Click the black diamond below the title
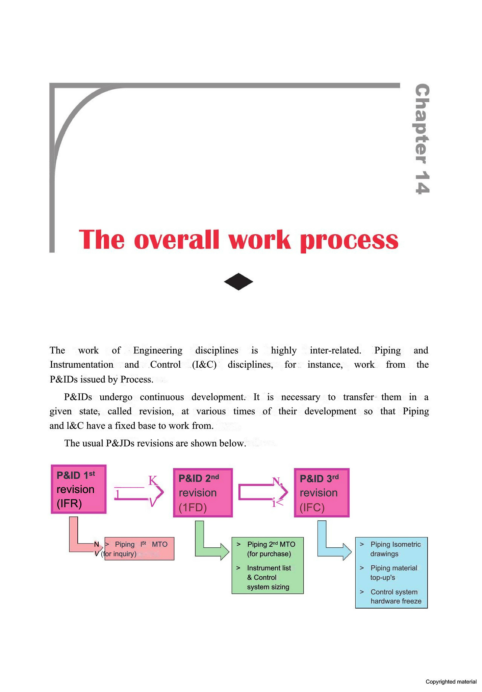[238, 281]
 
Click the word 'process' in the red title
[349, 241]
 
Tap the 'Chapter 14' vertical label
[422, 139]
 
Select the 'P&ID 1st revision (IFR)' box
[79, 489]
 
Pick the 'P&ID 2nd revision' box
[203, 493]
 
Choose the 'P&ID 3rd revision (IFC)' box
[322, 493]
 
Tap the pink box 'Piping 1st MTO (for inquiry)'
[139, 549]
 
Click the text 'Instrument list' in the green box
[269, 568]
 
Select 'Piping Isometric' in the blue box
[396, 544]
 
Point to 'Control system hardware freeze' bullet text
[396, 596]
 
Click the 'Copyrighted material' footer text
[451, 682]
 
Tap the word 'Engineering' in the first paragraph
[158, 350]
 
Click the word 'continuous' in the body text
[162, 397]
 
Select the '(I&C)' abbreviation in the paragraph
[204, 365]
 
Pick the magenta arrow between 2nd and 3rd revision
[263, 492]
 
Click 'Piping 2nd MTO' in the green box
[271, 544]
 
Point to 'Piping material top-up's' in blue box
[394, 573]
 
